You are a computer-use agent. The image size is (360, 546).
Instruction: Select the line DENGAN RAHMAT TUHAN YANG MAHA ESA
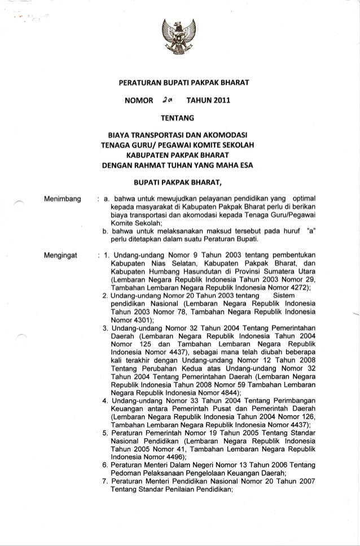[x=178, y=165]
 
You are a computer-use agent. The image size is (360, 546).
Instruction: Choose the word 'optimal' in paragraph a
[x=302, y=199]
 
